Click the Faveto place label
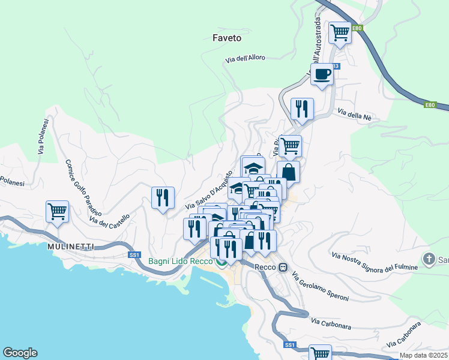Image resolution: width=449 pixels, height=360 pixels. click(227, 38)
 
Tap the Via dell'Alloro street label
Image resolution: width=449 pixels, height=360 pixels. click(244, 59)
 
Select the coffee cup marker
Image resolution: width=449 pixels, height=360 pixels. click(322, 74)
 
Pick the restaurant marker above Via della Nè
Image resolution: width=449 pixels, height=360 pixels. click(301, 109)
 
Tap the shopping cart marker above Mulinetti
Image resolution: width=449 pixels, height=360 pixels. click(58, 211)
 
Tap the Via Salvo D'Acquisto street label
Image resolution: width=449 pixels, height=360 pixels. click(208, 190)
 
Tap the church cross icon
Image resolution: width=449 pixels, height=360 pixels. click(429, 259)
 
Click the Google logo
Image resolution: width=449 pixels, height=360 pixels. click(20, 353)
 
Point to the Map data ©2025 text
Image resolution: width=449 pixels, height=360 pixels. click(424, 355)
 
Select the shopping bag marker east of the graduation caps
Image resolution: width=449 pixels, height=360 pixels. click(288, 172)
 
